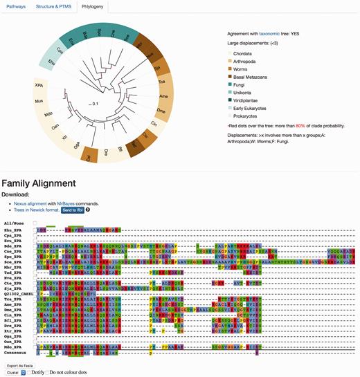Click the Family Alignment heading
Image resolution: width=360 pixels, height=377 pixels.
tap(48, 183)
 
